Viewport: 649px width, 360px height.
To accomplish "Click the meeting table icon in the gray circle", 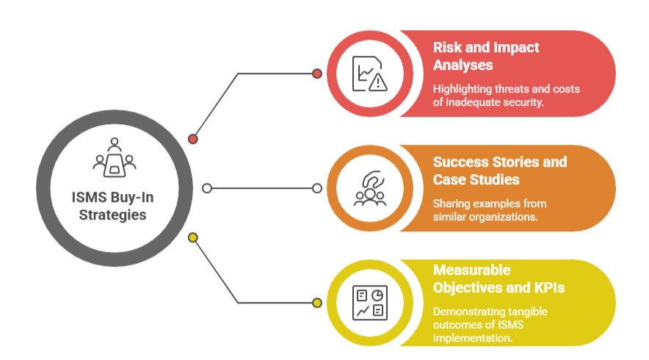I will [x=115, y=158].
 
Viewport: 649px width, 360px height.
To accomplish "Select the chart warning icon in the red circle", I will [x=369, y=73].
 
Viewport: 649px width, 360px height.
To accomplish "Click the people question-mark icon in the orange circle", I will [x=369, y=188].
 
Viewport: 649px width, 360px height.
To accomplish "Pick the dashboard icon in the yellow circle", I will [x=369, y=302].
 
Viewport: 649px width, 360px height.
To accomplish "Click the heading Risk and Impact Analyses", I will [x=485, y=56].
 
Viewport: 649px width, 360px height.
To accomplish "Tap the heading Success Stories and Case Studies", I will [x=499, y=170].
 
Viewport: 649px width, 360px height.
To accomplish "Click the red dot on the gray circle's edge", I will [x=193, y=138].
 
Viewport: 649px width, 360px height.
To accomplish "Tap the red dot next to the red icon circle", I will [x=317, y=73].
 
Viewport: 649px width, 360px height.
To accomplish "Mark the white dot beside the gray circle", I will [x=207, y=188].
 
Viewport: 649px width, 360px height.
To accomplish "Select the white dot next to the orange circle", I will [x=317, y=188].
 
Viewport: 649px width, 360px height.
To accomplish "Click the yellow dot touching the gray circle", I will [x=193, y=237].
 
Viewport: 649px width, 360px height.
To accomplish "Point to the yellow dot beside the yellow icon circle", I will [x=317, y=302].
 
